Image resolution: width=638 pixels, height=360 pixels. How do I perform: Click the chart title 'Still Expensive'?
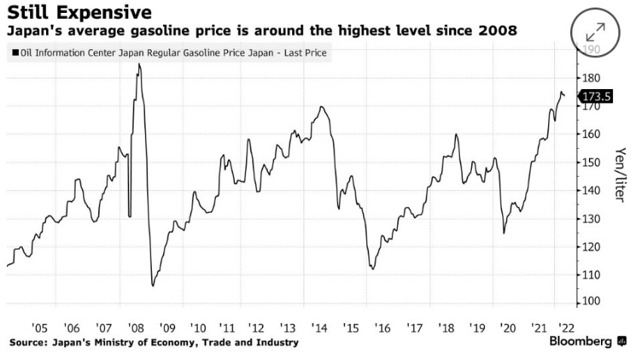(79, 13)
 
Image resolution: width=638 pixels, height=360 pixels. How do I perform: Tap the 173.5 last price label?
(596, 97)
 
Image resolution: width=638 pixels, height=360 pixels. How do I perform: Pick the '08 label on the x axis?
(137, 328)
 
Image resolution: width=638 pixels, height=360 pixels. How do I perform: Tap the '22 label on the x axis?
(564, 328)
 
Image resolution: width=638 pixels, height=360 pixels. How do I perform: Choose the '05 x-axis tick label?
(40, 328)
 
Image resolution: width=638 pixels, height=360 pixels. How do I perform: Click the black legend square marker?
(15, 54)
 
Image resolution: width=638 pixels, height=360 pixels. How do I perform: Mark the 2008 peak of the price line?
(139, 64)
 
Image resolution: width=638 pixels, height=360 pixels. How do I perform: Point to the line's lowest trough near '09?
(153, 286)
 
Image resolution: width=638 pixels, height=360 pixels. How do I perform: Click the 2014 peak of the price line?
(322, 106)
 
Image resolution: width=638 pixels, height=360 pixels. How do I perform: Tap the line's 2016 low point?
(372, 269)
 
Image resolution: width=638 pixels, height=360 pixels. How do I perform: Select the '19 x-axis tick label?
(476, 328)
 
